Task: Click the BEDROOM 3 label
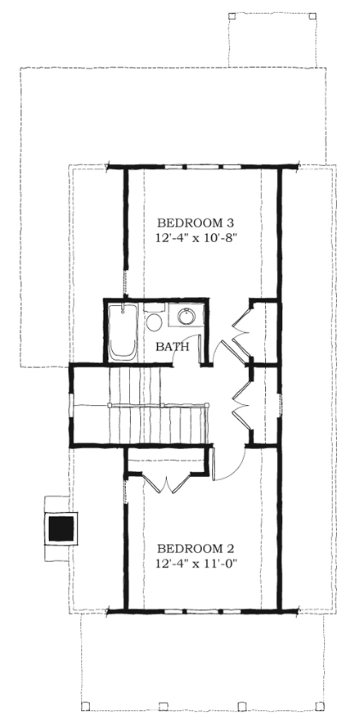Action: point(196,223)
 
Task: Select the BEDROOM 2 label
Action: point(196,548)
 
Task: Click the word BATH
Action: point(173,347)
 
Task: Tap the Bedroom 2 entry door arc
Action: point(230,466)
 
